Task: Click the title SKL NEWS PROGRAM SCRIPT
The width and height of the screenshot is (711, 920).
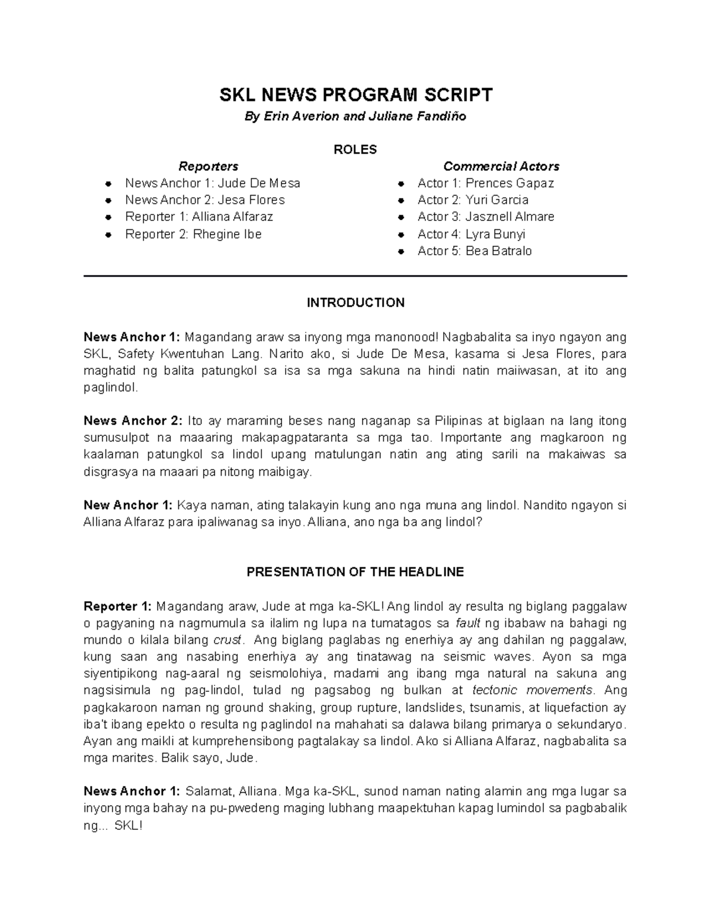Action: tap(355, 95)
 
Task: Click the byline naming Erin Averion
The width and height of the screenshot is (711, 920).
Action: tap(355, 117)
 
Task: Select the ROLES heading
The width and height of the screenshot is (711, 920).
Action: tap(355, 149)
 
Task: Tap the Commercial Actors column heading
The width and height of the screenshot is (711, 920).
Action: tap(501, 166)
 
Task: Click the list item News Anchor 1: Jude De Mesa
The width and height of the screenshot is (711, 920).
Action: tap(212, 183)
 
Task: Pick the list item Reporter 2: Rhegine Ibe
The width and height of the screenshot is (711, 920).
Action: tap(193, 234)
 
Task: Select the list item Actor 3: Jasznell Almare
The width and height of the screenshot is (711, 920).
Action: tap(486, 217)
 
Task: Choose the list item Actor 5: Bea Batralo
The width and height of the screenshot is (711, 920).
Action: tap(475, 251)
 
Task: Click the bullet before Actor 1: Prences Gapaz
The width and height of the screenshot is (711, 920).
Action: tap(401, 184)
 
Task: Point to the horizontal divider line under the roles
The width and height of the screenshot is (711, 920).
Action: tap(355, 276)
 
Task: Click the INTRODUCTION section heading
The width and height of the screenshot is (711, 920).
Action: tap(355, 303)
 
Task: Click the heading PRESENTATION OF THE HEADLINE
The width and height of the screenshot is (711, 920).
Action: tap(355, 572)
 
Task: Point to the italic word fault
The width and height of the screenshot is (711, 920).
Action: tap(467, 623)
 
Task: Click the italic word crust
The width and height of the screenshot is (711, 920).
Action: tap(228, 640)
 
